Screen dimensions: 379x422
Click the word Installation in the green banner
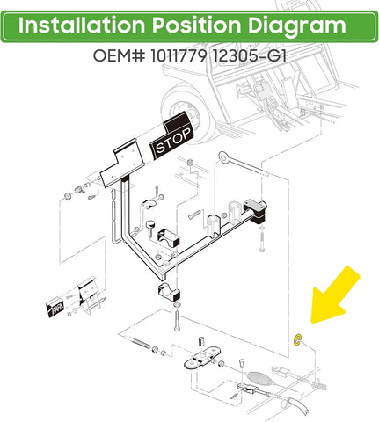point(82,25)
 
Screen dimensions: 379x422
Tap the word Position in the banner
point(196,25)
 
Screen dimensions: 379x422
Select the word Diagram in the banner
point(297,26)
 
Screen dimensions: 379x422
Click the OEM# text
point(119,55)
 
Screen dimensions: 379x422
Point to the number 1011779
point(179,55)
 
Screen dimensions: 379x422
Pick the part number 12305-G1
point(249,55)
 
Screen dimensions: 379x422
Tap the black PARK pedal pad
point(55,308)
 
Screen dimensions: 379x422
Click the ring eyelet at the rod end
point(223,156)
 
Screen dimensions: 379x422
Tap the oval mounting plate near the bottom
point(202,358)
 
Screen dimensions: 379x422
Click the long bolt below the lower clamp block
point(177,322)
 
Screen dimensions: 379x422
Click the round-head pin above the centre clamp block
point(150,228)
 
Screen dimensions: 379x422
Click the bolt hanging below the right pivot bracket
point(262,239)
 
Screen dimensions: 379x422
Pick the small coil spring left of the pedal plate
point(78,190)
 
